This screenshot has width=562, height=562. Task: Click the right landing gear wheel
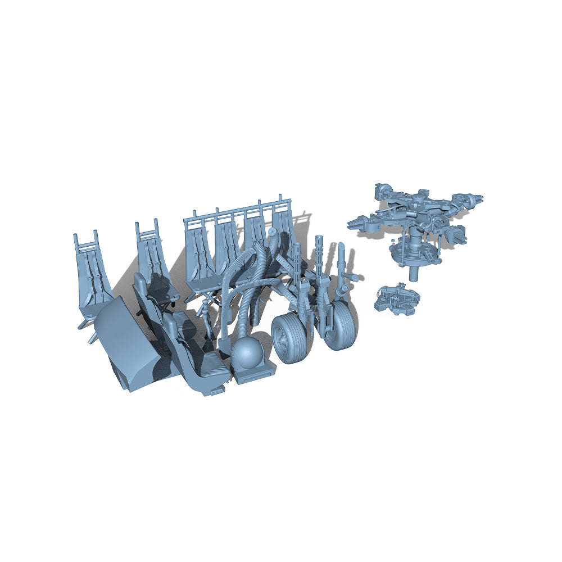(341, 325)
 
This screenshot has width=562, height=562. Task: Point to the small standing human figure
(207, 318)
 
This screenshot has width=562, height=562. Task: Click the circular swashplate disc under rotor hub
(413, 253)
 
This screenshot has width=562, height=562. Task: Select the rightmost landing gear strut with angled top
(342, 264)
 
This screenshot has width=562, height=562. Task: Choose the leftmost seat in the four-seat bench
(200, 259)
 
